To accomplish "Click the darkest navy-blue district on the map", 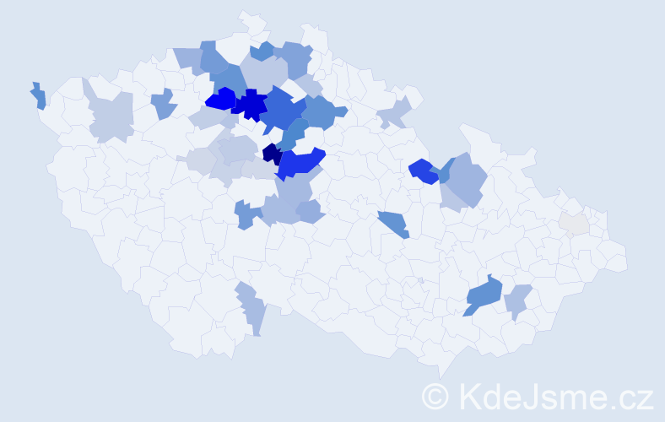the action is [x=272, y=154].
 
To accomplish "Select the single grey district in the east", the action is [x=574, y=224].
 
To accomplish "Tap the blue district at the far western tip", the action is [x=39, y=96].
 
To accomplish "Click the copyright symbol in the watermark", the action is [x=435, y=396].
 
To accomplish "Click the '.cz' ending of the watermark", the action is [x=633, y=396].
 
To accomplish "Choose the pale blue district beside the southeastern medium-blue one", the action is [x=517, y=300].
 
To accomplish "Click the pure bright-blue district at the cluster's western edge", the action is [x=220, y=100].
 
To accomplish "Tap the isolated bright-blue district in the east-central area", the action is [x=422, y=170].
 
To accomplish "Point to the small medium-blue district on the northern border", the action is [x=262, y=51].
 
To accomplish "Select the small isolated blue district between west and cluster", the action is [x=164, y=104].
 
